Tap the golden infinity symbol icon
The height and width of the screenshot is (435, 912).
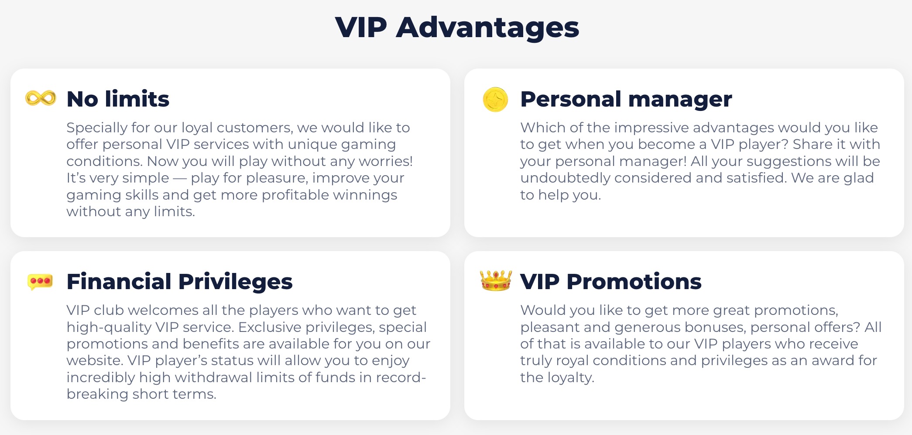click(x=41, y=98)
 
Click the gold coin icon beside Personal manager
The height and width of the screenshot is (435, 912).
click(x=495, y=99)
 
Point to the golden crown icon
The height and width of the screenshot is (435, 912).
click(x=496, y=280)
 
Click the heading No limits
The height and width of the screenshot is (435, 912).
click(x=118, y=99)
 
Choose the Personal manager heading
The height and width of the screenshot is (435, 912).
click(x=626, y=100)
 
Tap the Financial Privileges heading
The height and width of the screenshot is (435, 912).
click(x=179, y=282)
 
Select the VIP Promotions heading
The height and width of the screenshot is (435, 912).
click(x=611, y=282)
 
